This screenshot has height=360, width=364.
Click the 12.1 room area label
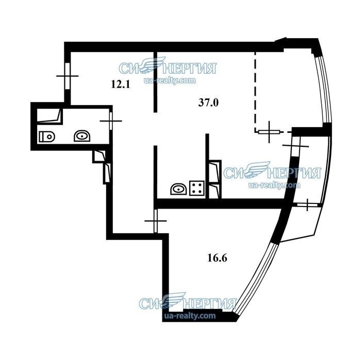point(121,84)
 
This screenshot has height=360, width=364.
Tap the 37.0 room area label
point(208,102)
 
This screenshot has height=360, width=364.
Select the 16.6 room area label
point(217,258)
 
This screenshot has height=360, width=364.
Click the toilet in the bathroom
point(47,136)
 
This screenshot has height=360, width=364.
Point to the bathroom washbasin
point(82,136)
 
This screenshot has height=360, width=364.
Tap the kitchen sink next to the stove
point(178,189)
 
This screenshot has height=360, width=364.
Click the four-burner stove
point(197,188)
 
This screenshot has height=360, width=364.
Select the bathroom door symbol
point(111,121)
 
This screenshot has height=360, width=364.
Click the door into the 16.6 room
point(156,221)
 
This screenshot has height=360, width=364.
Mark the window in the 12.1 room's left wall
point(68,76)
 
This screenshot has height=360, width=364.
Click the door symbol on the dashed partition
point(269,132)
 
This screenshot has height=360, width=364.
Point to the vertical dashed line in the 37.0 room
point(255,92)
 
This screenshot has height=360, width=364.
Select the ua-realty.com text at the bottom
point(190,316)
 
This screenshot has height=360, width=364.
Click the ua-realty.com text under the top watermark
point(170,80)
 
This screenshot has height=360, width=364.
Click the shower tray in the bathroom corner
point(49,116)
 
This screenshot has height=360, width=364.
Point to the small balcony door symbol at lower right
point(307,205)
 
